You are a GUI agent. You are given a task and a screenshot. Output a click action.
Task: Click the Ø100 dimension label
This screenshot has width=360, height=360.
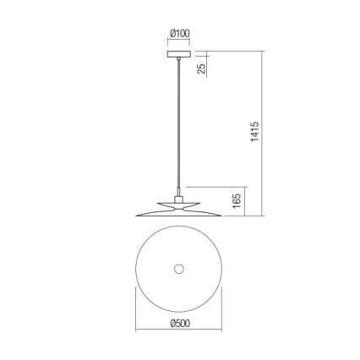coord(179,33)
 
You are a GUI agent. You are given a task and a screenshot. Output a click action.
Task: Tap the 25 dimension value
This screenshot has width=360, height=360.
coord(202,68)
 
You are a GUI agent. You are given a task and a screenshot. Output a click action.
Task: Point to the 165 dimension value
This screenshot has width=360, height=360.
coord(237,200)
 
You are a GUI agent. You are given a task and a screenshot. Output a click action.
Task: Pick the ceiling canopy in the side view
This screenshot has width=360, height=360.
coord(179,56)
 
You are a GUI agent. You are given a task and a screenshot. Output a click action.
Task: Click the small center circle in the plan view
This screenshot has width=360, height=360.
coord(178,269)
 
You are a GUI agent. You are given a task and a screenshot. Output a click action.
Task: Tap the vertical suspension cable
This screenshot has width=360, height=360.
coord(179,127)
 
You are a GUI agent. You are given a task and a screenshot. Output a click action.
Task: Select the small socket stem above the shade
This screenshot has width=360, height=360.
coord(179,195)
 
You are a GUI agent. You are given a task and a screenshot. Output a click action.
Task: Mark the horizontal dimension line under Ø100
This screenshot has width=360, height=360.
coord(179,41)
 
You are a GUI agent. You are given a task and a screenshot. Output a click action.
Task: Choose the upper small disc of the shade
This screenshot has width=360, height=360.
coord(179,203)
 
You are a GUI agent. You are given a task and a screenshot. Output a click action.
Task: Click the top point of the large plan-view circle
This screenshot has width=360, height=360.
coord(178,227)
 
